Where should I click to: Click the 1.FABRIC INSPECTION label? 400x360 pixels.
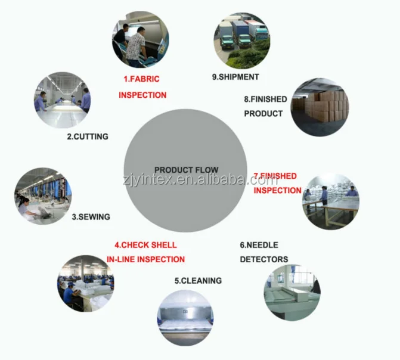[142, 87]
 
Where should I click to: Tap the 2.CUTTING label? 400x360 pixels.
[87, 136]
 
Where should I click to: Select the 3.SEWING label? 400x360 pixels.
[91, 217]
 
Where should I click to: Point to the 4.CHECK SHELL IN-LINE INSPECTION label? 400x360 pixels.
[146, 252]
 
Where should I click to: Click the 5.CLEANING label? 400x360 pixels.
[198, 280]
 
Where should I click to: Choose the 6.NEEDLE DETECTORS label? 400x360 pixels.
[263, 252]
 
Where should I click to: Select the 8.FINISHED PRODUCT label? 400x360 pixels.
[265, 106]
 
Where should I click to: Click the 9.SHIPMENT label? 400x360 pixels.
[235, 76]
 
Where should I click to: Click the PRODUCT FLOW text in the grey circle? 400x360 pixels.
[186, 170]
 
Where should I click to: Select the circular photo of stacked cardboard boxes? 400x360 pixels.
[320, 107]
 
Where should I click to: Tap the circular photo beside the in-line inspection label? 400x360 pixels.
[86, 284]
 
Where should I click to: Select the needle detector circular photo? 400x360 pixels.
[292, 293]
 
